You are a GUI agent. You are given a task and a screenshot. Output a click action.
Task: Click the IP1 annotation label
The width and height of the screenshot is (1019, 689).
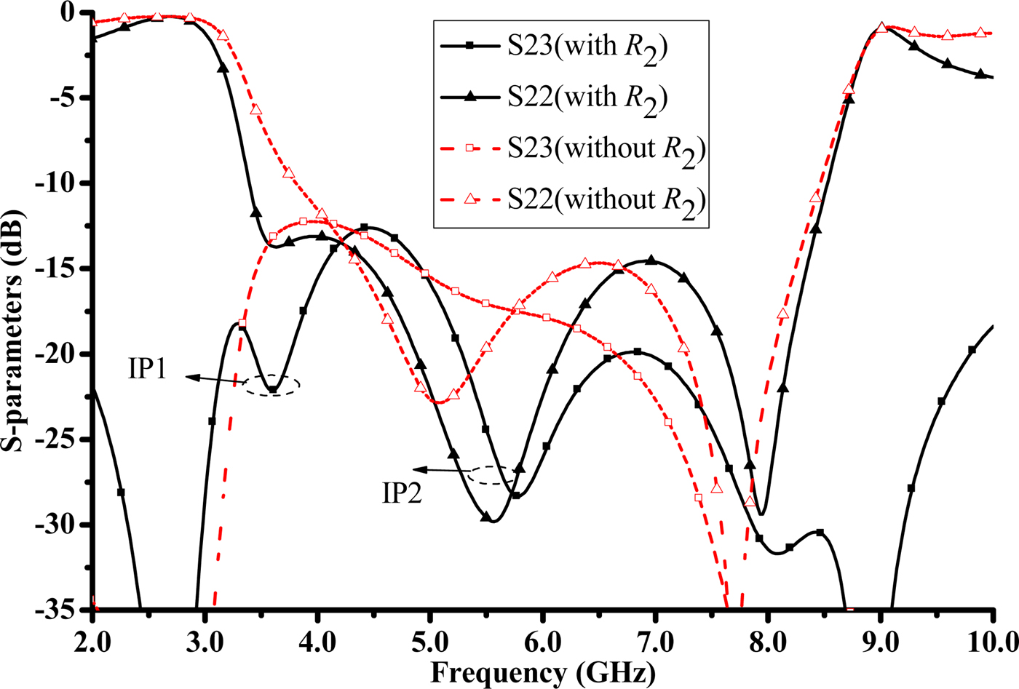coord(148,369)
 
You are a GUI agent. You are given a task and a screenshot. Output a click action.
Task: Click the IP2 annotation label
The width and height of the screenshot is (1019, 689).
coord(403,493)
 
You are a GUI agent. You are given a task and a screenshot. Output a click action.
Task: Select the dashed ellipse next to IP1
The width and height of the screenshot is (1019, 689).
coord(271,386)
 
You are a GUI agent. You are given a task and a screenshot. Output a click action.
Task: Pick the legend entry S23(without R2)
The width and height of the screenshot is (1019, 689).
coord(571,149)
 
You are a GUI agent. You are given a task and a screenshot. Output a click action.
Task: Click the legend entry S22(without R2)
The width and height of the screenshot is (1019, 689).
coord(571,200)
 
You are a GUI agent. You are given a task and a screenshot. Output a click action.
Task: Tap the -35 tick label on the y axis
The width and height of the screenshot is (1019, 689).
coord(58,610)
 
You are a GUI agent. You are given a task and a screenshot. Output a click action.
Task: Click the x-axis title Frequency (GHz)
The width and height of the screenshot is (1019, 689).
coord(542,672)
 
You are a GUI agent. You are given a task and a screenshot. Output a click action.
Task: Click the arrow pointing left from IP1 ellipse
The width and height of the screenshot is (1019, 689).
coord(215,379)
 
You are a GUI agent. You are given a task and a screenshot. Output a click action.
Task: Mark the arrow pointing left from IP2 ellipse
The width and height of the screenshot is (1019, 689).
coord(440,471)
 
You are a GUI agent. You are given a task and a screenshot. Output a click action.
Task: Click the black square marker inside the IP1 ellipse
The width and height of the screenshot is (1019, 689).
coord(272,390)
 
